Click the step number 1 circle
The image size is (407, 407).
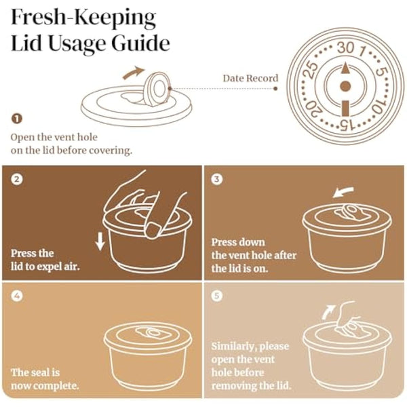click(x=16, y=119)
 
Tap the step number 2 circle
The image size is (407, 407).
click(x=17, y=179)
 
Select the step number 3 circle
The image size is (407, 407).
click(x=217, y=179)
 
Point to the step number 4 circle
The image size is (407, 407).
click(x=17, y=296)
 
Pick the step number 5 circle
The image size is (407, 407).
click(x=217, y=295)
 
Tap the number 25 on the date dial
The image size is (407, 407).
click(x=311, y=69)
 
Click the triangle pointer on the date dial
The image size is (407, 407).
click(x=345, y=68)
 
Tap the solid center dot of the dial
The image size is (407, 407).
click(x=345, y=86)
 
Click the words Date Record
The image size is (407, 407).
click(x=250, y=78)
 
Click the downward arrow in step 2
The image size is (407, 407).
click(x=100, y=241)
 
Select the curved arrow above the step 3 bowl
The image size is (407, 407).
click(x=343, y=192)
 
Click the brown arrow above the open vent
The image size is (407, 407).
click(x=133, y=73)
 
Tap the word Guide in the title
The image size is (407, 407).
click(x=141, y=43)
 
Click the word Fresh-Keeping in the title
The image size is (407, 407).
click(x=83, y=18)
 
